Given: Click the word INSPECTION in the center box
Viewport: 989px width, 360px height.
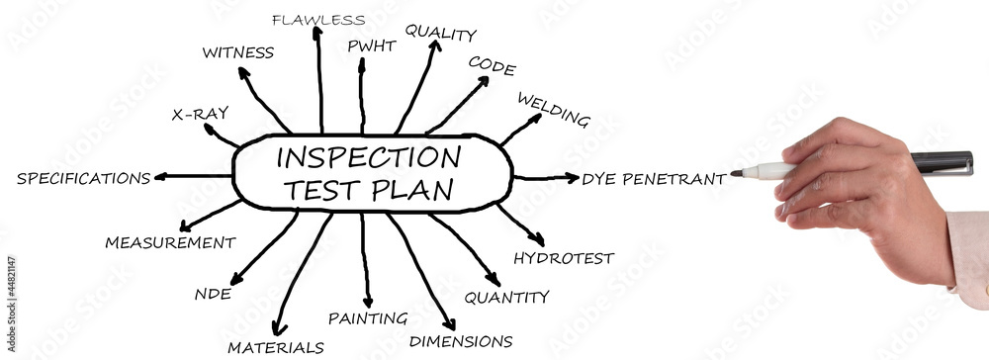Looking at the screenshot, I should pyautogui.click(x=368, y=156).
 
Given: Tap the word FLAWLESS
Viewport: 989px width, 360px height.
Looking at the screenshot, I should pyautogui.click(x=317, y=19).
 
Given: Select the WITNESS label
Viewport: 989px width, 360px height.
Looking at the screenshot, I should pyautogui.click(x=237, y=52).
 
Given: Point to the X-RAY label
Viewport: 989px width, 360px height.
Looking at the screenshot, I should pyautogui.click(x=200, y=114).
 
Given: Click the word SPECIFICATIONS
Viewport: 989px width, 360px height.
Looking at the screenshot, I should pyautogui.click(x=83, y=179).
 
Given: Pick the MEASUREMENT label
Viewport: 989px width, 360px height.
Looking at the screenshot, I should pyautogui.click(x=170, y=242).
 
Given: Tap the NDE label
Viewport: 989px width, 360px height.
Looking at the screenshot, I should pyautogui.click(x=213, y=294).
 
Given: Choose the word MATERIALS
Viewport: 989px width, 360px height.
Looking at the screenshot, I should pyautogui.click(x=275, y=347).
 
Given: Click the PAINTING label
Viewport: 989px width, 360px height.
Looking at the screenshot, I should pyautogui.click(x=368, y=318).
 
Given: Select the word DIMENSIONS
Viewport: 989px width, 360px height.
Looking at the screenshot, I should pyautogui.click(x=461, y=341).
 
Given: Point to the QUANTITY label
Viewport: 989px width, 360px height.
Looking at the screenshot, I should pyautogui.click(x=506, y=296).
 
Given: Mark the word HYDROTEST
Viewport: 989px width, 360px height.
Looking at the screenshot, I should pyautogui.click(x=563, y=259).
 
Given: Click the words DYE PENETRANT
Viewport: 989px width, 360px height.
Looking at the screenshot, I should pyautogui.click(x=654, y=179).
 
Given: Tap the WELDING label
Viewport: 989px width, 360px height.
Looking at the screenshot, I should pyautogui.click(x=553, y=110).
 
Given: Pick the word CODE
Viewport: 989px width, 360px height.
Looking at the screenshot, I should pyautogui.click(x=492, y=65).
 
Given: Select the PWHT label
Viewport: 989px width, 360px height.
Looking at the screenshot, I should pyautogui.click(x=372, y=45).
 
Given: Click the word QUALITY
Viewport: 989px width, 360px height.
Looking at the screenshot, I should pyautogui.click(x=440, y=34).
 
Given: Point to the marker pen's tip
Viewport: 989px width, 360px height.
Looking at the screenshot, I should pyautogui.click(x=736, y=173).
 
